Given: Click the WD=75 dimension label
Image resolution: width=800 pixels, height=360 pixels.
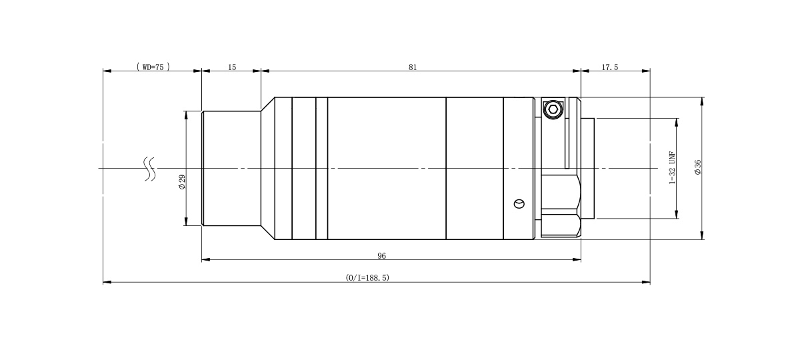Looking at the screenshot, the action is tap(153, 67).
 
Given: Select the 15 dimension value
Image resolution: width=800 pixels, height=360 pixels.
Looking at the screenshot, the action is tap(232, 67).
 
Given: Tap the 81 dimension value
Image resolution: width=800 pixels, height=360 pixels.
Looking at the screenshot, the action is tap(413, 67).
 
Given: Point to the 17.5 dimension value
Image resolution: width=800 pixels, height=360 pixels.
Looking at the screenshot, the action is tap(609, 67).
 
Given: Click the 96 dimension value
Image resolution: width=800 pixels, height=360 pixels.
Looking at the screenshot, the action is tap(382, 256).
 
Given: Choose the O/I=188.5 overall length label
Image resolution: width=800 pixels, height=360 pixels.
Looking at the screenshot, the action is tap(367, 277).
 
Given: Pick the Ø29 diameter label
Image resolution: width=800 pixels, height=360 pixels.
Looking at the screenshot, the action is tap(182, 182).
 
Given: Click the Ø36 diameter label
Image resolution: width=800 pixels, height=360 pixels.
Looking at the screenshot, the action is tap(697, 167).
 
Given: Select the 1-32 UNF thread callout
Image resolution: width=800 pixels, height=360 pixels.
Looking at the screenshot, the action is tap(673, 168).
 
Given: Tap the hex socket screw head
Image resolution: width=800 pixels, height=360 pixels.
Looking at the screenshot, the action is tap(553, 109).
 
